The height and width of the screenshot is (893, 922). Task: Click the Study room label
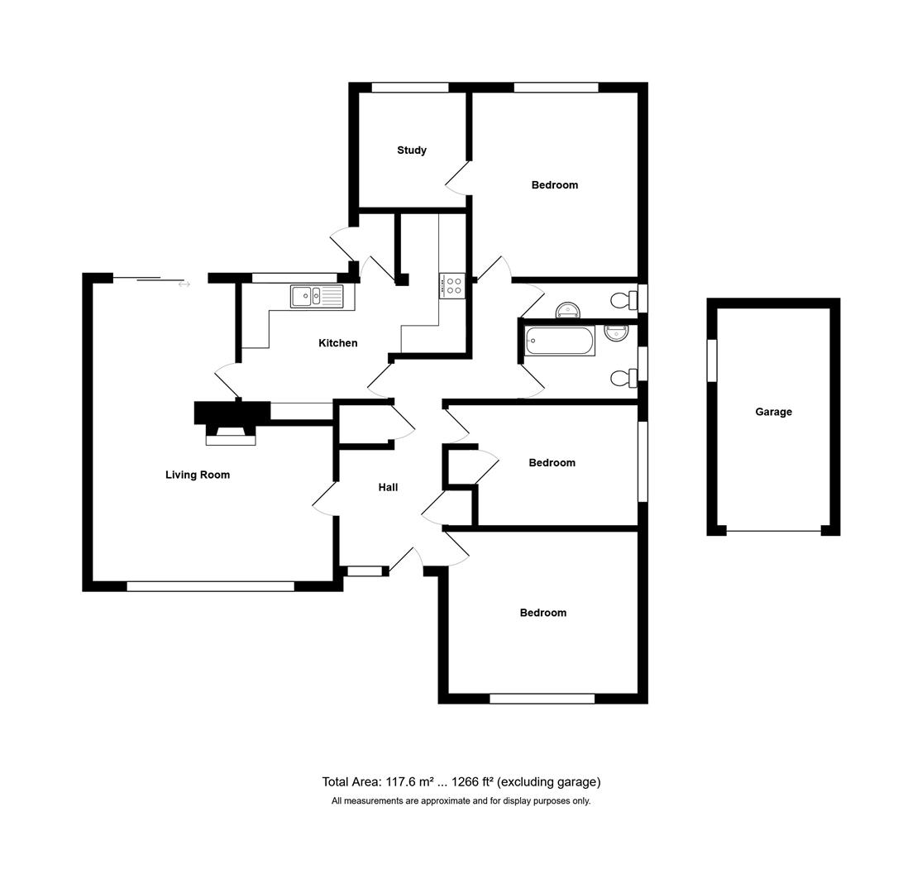(411, 150)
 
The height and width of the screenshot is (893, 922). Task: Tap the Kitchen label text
(337, 343)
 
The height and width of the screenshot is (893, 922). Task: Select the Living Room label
(197, 475)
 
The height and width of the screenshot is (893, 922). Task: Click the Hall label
(388, 488)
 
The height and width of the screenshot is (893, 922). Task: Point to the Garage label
(773, 412)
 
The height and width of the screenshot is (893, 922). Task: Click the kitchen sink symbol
(317, 296)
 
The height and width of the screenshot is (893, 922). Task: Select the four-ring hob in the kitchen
(452, 286)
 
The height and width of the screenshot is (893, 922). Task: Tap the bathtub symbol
(559, 341)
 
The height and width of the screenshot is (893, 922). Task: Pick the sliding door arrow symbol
(184, 284)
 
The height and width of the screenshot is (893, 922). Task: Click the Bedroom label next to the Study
(554, 185)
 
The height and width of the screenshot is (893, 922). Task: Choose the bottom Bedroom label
(542, 613)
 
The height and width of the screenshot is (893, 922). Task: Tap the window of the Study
(409, 88)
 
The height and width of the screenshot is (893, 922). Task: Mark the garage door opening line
(773, 531)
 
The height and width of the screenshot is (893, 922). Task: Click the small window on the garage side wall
(712, 361)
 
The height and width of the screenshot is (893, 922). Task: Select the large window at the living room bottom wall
(210, 586)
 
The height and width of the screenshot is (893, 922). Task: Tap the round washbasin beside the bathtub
(616, 332)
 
